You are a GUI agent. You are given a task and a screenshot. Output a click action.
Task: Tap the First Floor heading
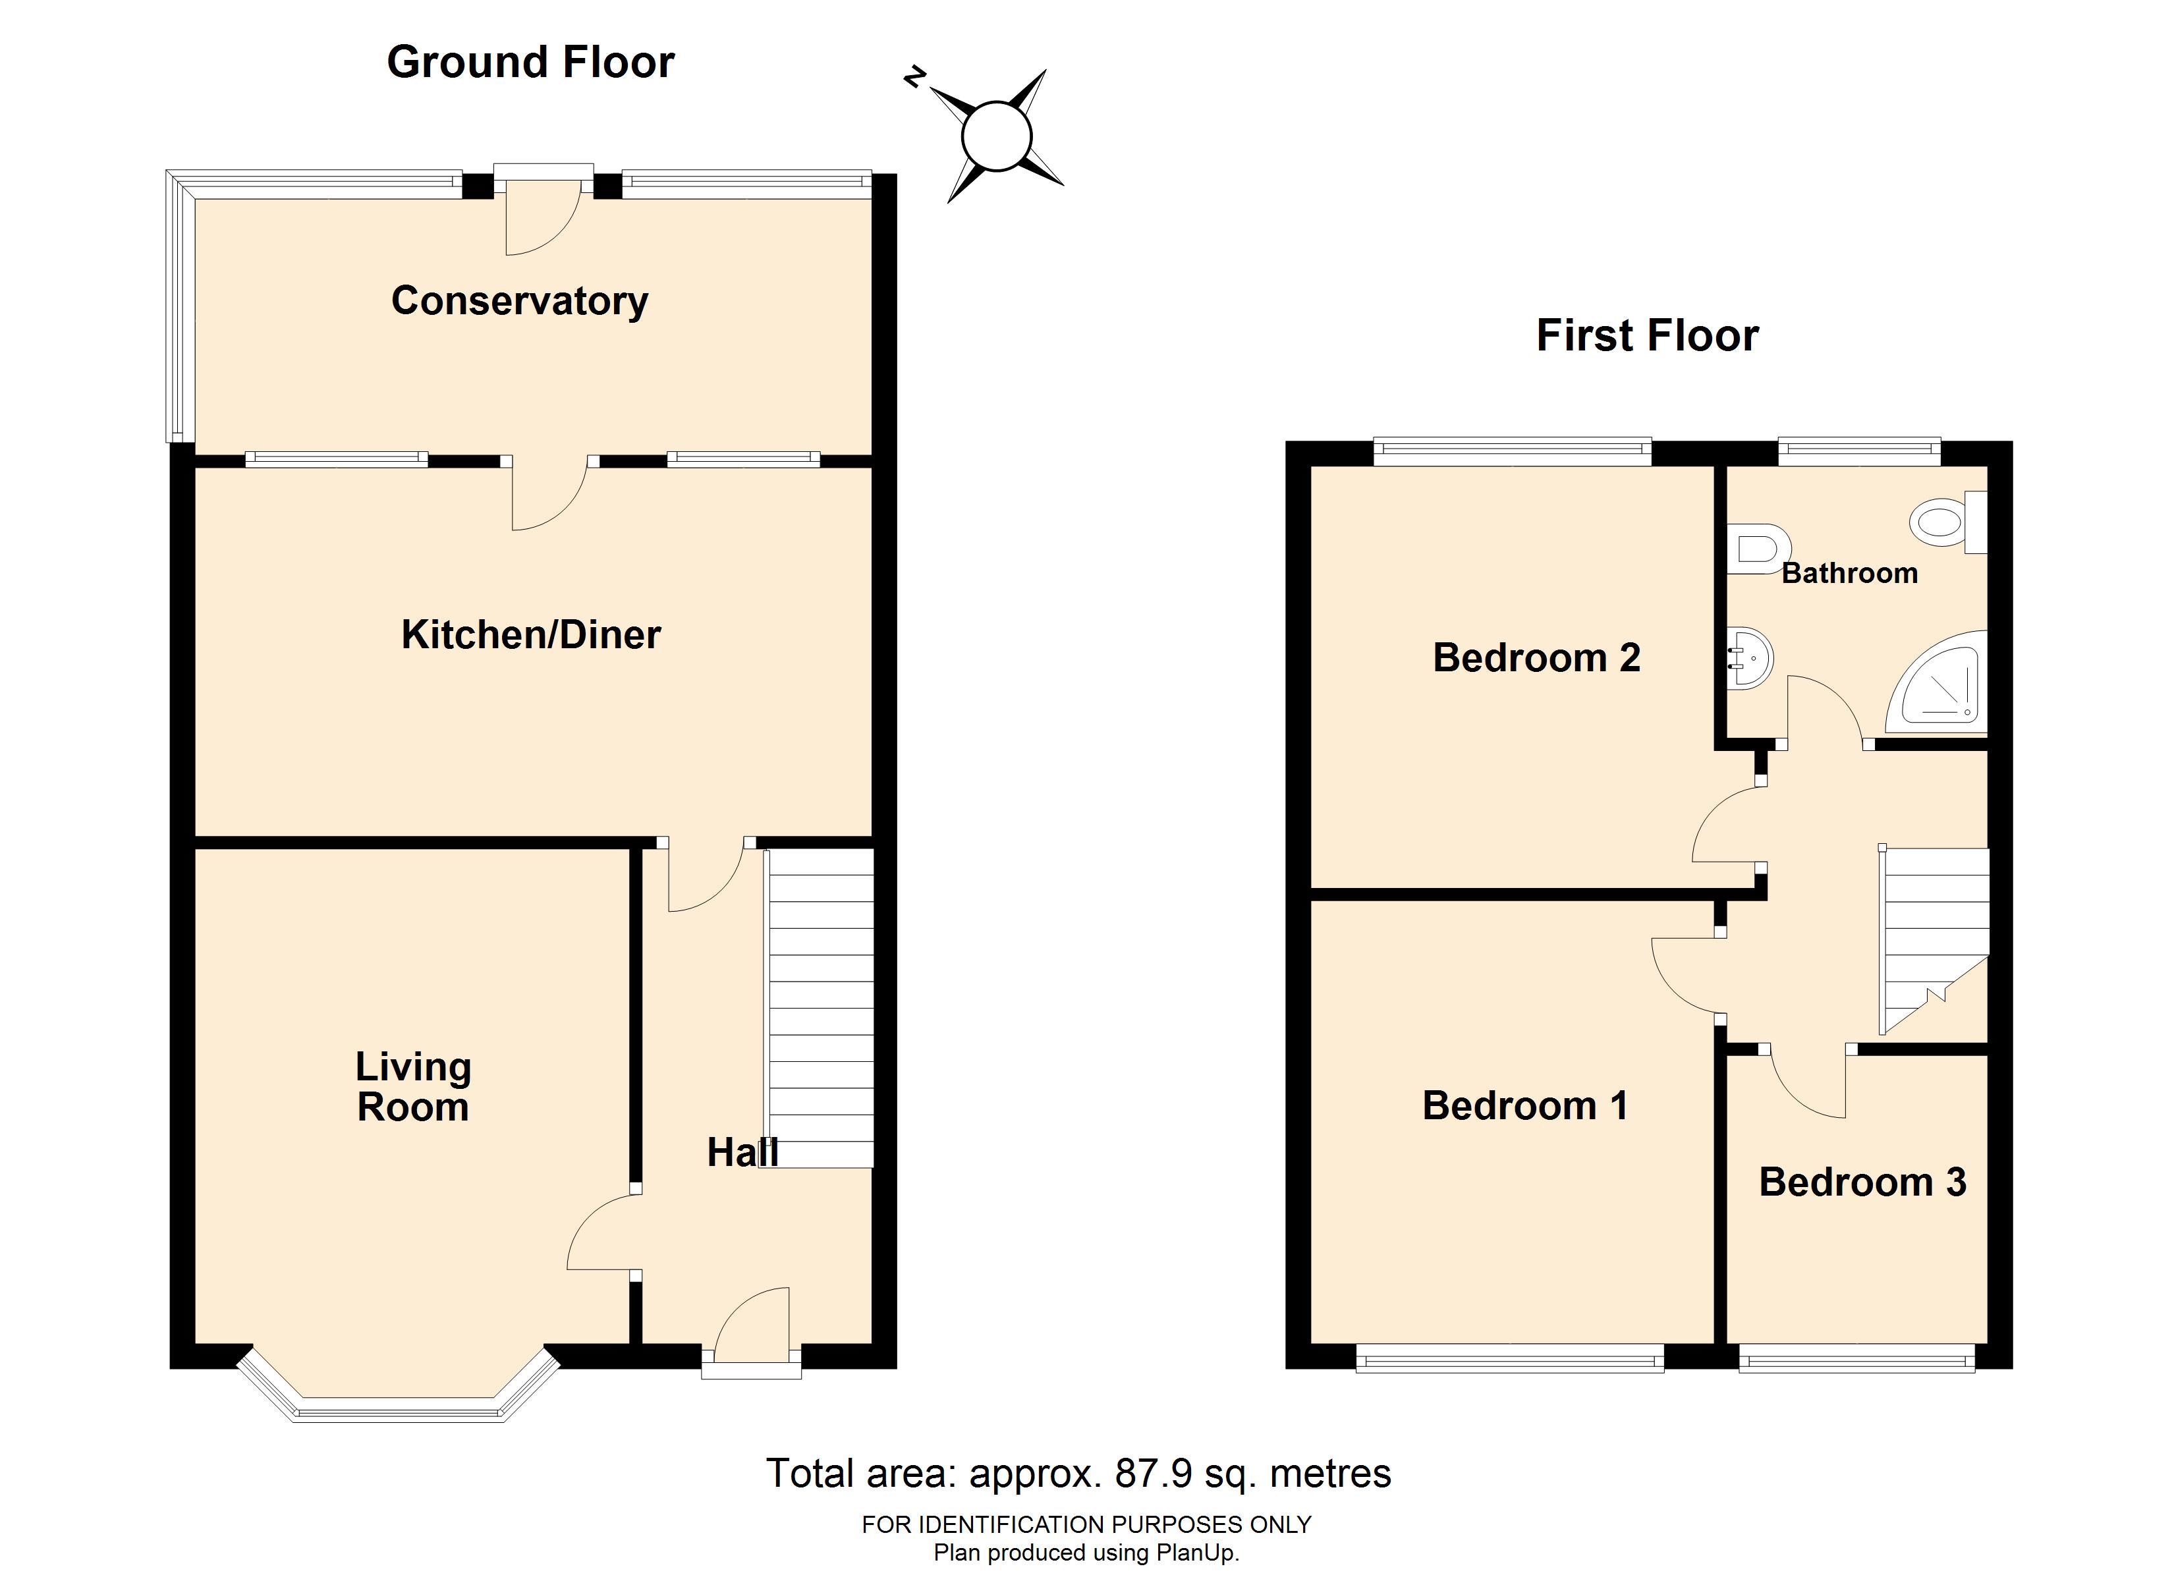[x=1647, y=335]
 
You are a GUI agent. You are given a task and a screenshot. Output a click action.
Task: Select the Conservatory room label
[x=520, y=301]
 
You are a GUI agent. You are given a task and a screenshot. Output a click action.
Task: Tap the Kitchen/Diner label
[x=531, y=634]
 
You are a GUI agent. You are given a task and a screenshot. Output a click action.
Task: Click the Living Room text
[x=413, y=1087]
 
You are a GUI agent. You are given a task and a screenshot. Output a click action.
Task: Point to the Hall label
[x=742, y=1152]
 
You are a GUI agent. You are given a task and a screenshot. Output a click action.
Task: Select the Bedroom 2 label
[x=1536, y=657]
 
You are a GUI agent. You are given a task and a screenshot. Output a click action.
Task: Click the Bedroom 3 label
[x=1862, y=1182]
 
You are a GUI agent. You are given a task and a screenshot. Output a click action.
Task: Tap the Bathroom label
[x=1849, y=573]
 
